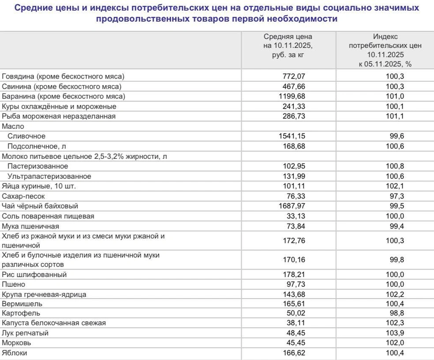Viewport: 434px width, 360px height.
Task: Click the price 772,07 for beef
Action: point(294,76)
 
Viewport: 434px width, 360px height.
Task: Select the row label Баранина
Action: point(64,96)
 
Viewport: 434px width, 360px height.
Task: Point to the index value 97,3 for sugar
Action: point(396,196)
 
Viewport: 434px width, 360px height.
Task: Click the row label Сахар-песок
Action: point(23,196)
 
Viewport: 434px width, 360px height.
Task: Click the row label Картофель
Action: point(21,313)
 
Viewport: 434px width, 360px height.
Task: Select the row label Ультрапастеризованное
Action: point(49,176)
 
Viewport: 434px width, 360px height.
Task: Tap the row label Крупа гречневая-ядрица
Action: point(44,294)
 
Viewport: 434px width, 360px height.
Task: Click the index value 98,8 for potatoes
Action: point(396,313)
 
